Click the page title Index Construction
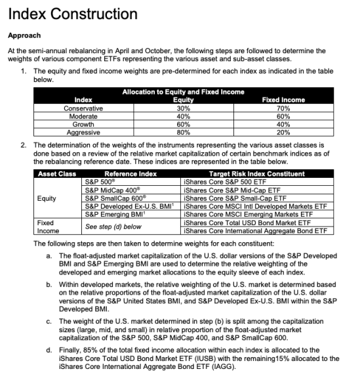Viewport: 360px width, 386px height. (73, 14)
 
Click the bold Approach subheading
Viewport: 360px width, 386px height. (25, 35)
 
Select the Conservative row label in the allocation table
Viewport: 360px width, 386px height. (83, 108)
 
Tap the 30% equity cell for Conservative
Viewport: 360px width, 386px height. (183, 108)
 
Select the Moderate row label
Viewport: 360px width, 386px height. (83, 116)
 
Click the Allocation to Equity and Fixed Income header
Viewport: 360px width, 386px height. (183, 93)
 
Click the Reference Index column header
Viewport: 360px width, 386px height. (130, 173)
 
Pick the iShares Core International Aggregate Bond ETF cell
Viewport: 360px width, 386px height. (255, 230)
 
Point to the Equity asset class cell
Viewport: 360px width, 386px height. (47, 197)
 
